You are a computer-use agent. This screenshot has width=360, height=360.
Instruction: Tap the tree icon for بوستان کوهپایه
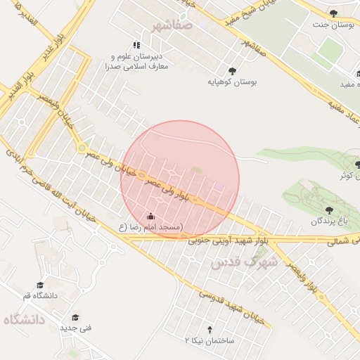232,70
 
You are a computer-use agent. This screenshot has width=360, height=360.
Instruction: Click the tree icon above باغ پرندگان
330,209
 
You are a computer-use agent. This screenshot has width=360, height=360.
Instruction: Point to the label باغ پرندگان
329,221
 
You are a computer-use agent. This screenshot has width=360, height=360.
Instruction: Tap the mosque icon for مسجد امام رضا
150,216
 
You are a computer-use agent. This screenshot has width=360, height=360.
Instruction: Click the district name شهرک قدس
245,262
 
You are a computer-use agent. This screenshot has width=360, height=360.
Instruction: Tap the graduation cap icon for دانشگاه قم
40,285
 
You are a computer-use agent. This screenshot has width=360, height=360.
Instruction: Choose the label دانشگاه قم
40,296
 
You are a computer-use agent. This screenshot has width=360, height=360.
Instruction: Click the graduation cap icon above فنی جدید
75,316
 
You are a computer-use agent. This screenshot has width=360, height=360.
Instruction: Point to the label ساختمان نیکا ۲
209,340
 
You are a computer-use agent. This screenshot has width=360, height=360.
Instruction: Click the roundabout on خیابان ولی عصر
82,148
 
